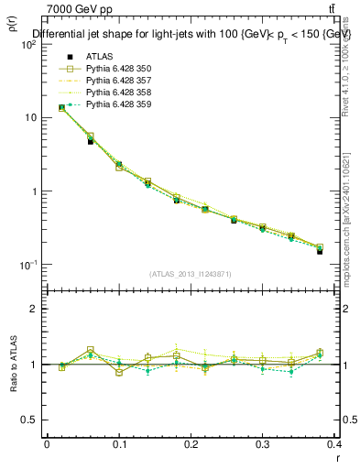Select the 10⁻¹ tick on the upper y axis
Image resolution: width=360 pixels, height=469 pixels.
coord(27,265)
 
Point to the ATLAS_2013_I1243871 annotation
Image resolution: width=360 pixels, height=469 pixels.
coord(191,275)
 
